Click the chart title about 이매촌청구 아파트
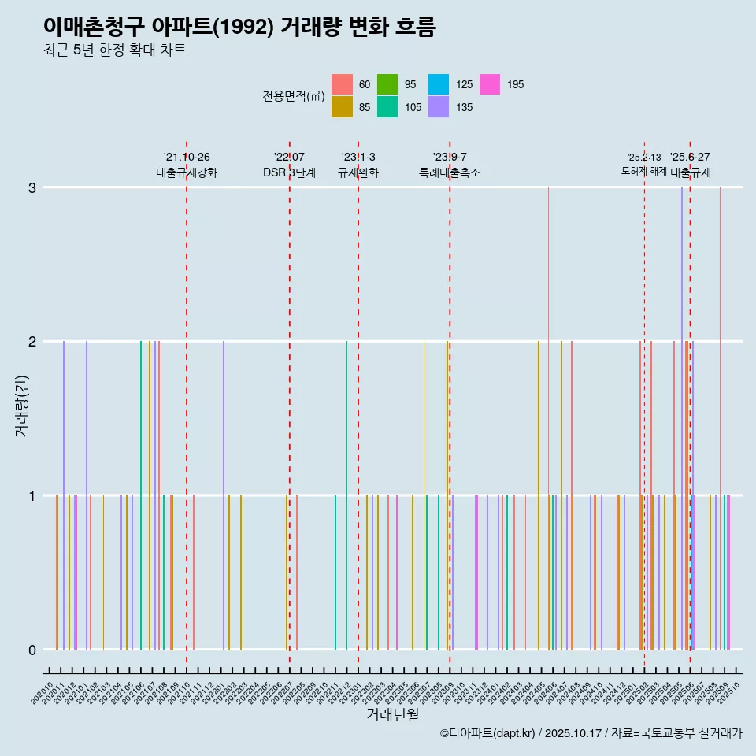pos(239,27)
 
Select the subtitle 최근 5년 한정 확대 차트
pos(114,50)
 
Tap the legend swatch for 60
pos(342,84)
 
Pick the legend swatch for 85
pos(342,107)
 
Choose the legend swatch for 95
pos(387,84)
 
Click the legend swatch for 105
pos(387,107)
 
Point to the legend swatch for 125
pos(439,84)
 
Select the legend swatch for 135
pos(439,107)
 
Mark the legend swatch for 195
pos(490,84)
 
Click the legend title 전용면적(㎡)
pos(294,96)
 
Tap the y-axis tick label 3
pos(32,187)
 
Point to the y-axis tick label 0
pos(32,650)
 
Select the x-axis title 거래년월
pos(392,714)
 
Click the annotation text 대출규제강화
pos(187,172)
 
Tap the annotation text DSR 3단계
pos(289,172)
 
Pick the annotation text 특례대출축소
pos(450,172)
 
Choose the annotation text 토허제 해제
pos(644,171)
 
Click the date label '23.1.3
pos(358,157)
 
